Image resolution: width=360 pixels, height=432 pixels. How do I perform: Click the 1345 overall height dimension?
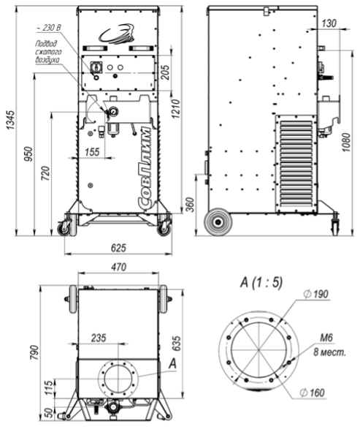(x=10, y=121)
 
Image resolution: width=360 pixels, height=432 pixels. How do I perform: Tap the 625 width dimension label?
(x=118, y=248)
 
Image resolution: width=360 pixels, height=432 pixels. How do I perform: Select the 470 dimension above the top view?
(x=118, y=267)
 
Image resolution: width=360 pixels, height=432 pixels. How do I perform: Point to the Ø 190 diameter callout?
(x=315, y=294)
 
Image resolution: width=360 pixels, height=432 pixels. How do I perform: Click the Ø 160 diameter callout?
(x=312, y=393)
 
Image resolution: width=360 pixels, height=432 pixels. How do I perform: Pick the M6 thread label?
(x=326, y=338)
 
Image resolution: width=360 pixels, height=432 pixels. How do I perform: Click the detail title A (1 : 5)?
(x=261, y=282)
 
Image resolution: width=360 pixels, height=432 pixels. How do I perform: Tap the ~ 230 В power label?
(x=48, y=28)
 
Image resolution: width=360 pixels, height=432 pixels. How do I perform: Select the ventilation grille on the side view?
(x=296, y=164)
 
